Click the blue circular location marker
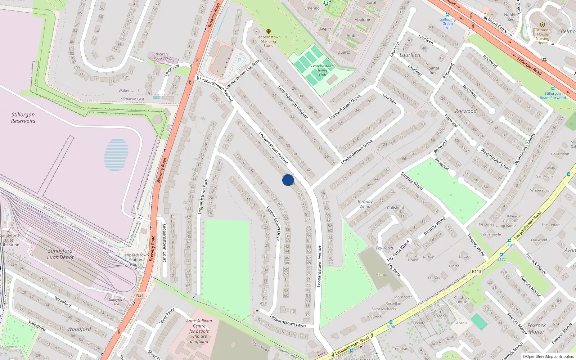coord(288,180)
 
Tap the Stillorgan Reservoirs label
coord(23,118)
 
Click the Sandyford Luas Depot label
coord(60,254)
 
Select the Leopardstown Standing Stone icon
coord(268,32)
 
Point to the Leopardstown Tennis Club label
coord(322,70)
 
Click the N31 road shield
coord(140,295)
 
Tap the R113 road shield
coord(476,271)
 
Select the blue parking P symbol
coord(239,60)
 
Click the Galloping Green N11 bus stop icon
coord(447,15)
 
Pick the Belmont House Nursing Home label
coord(543,36)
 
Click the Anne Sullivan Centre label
coord(199,331)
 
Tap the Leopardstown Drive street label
coord(273,223)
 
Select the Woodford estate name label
coord(79,329)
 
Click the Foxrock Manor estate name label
coord(536,328)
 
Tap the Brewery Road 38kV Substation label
coord(162,58)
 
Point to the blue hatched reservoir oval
coord(116,155)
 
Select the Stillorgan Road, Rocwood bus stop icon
coord(553,89)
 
